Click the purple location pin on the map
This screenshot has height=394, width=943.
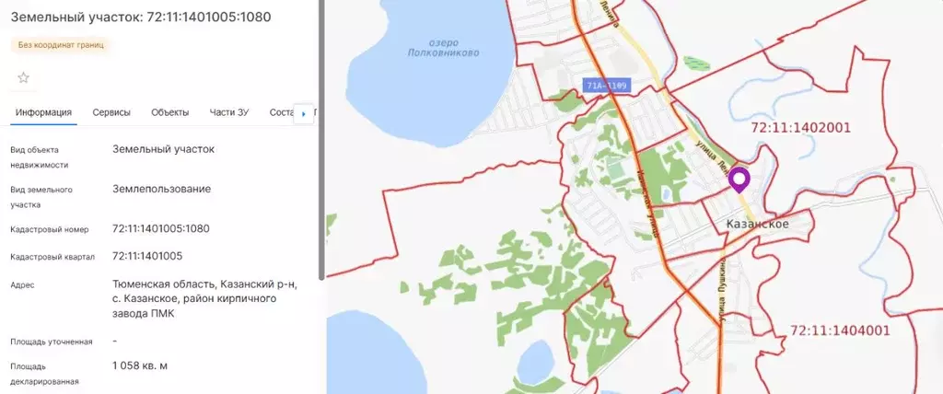740,180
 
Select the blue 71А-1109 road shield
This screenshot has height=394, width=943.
605,86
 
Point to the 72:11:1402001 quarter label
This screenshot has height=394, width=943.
800,128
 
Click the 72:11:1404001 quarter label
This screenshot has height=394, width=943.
840,330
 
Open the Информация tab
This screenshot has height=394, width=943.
43,112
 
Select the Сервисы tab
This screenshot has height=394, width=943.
111,112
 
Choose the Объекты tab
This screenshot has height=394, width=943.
169,112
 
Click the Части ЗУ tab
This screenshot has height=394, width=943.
229,112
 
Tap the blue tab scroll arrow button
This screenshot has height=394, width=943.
304,114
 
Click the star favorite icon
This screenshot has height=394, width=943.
24,77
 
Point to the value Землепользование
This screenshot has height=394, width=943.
161,189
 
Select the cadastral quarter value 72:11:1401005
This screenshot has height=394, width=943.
147,256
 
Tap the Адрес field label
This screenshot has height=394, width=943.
24,285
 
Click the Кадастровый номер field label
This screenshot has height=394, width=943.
49,229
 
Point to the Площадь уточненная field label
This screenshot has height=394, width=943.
52,342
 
